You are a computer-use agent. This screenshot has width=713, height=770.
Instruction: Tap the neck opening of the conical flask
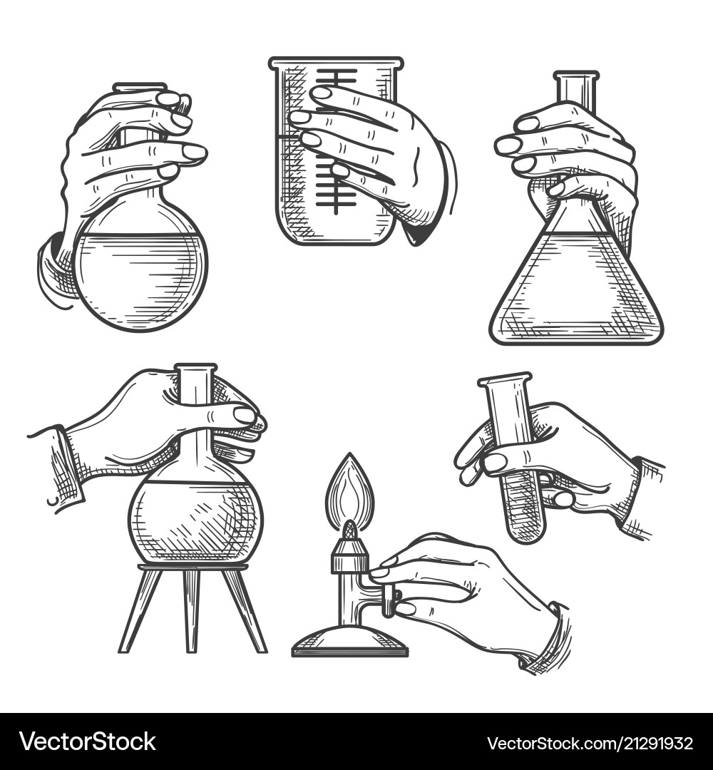pos(576,76)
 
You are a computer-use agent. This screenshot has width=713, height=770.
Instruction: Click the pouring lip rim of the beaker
pos(336,62)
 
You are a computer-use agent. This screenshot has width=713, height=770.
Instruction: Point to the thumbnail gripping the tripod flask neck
pos(244,416)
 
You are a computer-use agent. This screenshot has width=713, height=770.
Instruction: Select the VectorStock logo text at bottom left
pos(88,741)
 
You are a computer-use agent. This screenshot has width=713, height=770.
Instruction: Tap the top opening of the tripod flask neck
pos(195,367)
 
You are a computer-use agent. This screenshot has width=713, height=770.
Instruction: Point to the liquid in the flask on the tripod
pos(195,521)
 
